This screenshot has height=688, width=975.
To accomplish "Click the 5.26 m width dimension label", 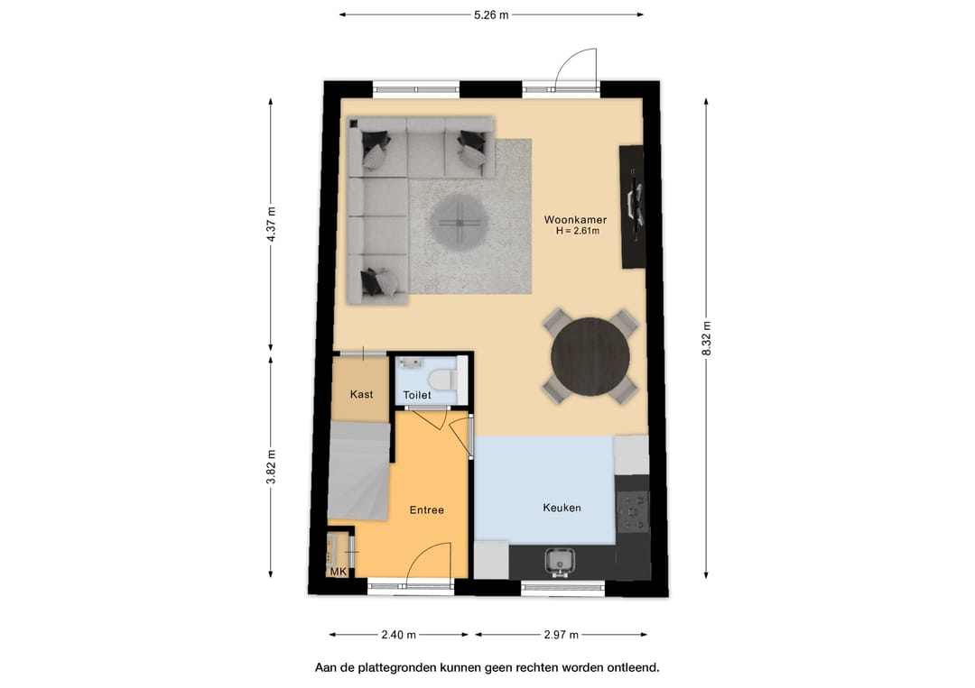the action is (x=491, y=15).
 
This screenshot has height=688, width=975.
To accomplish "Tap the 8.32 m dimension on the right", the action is (x=706, y=339).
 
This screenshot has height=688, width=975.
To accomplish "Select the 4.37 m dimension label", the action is (x=271, y=225).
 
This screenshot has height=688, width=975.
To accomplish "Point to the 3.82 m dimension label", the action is (x=271, y=467).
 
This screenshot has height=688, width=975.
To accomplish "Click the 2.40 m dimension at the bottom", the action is (x=399, y=635).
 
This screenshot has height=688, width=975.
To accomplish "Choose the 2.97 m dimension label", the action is (x=561, y=635).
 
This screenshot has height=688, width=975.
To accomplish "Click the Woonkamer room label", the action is (x=575, y=219).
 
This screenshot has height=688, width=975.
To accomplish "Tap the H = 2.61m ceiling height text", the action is (x=578, y=231).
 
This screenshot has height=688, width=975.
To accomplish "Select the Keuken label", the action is (x=562, y=508).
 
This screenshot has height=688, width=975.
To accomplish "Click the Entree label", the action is (x=426, y=509).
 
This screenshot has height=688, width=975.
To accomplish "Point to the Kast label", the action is (x=361, y=394).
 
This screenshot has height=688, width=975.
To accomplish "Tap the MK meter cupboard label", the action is (x=339, y=572).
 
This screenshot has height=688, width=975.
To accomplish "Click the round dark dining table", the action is (x=590, y=356).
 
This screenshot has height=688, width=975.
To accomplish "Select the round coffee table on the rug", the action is (x=459, y=222).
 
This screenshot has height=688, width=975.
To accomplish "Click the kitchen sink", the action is (x=560, y=562).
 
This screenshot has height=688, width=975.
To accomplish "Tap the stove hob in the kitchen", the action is (x=633, y=513).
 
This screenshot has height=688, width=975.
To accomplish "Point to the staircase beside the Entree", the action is (x=358, y=471).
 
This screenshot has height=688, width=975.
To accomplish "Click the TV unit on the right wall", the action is (x=632, y=206).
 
